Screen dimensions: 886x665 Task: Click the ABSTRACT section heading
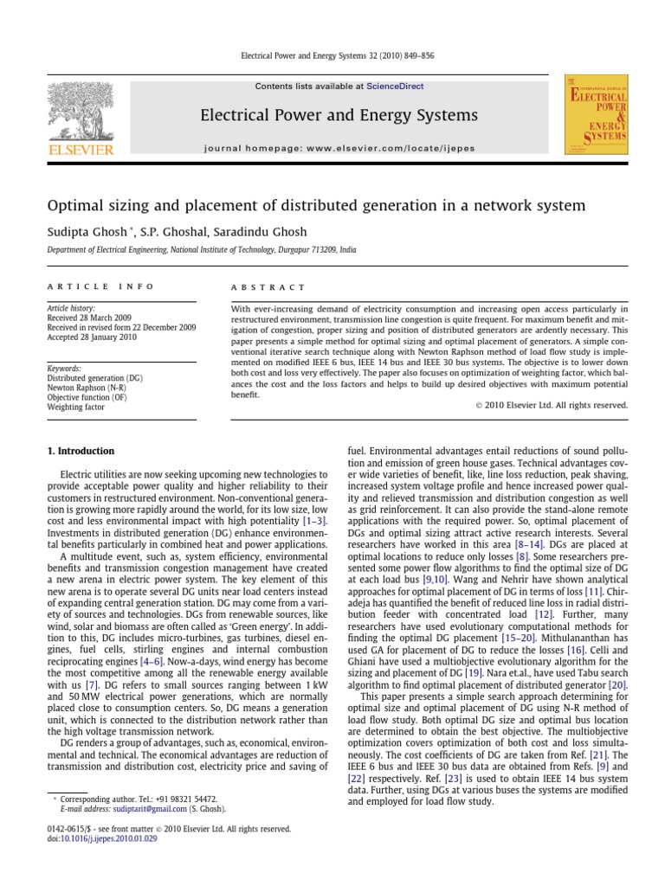[268, 286]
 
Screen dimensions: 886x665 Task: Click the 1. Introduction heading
[79, 451]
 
